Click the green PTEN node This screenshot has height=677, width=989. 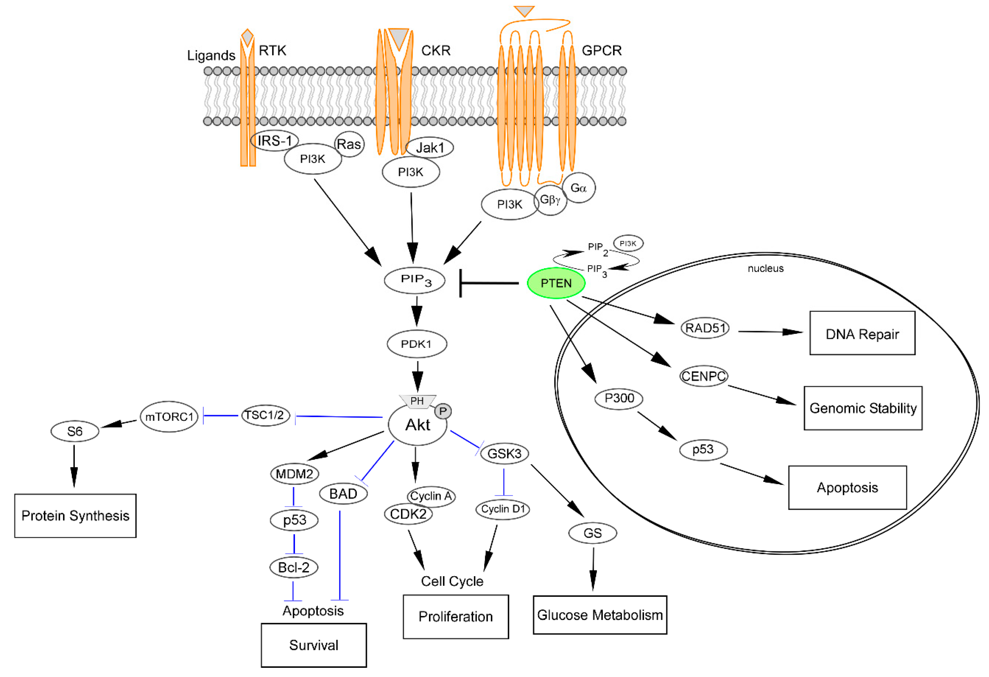tap(556, 283)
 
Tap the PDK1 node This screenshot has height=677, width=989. tap(417, 344)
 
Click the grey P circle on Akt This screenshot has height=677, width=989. tap(443, 411)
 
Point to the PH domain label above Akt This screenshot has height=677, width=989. tap(417, 401)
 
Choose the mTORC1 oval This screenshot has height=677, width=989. tap(169, 417)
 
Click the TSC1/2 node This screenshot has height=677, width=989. tap(265, 415)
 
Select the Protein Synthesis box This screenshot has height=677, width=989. tap(75, 516)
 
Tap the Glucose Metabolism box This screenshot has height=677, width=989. tap(600, 615)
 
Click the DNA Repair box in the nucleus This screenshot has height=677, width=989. tap(862, 334)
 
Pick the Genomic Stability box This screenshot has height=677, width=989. tap(863, 408)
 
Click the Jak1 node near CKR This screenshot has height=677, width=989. tap(429, 148)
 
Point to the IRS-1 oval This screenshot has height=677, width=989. tap(274, 141)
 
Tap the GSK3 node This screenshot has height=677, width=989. tap(504, 453)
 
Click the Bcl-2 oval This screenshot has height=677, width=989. tap(294, 568)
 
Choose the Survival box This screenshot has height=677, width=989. tap(314, 645)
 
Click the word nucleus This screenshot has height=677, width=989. tap(765, 269)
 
